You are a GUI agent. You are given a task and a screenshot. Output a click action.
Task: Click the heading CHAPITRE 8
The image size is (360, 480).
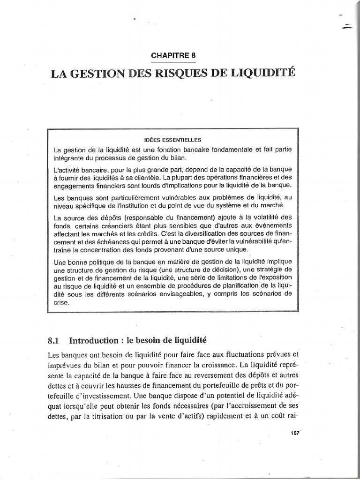point(173,55)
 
